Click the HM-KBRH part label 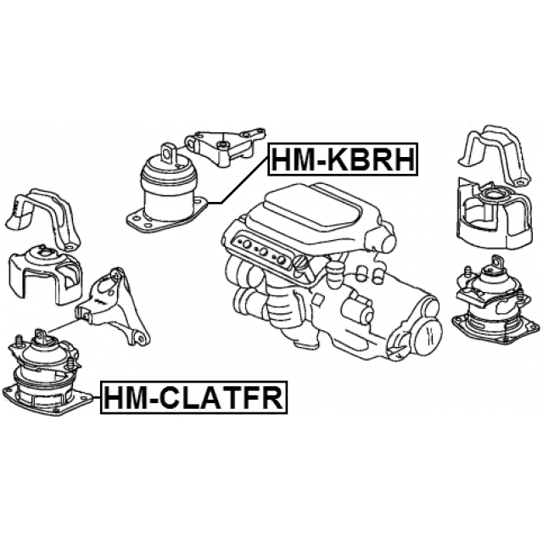(343, 159)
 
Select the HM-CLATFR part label (194, 398)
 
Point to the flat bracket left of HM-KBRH (225, 145)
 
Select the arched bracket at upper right (495, 156)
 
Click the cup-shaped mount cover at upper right (494, 214)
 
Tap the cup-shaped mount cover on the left (45, 273)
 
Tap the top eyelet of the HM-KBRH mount (169, 153)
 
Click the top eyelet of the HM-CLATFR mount (40, 335)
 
